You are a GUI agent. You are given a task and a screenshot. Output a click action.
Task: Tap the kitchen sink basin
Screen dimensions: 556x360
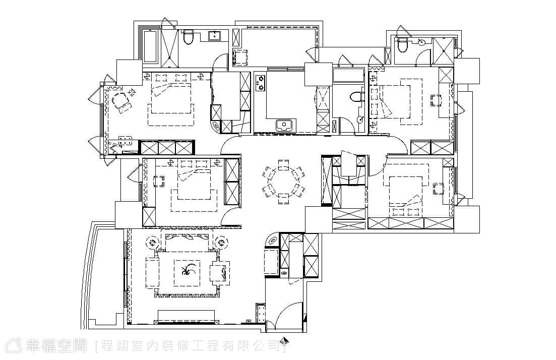[284, 125]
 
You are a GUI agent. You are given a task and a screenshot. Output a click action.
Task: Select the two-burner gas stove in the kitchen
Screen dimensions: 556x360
[261, 82]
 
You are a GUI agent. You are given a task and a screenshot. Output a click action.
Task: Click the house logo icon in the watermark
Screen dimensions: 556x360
[14, 345]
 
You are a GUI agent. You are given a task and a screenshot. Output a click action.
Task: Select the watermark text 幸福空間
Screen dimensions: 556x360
[56, 345]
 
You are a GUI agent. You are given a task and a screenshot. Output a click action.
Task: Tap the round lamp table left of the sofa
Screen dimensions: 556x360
[152, 243]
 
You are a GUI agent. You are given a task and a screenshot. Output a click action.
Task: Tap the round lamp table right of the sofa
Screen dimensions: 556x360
[222, 243]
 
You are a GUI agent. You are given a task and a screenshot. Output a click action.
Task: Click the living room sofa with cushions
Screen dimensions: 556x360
[187, 240]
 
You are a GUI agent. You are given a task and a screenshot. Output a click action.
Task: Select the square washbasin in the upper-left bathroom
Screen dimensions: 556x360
[215, 36]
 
